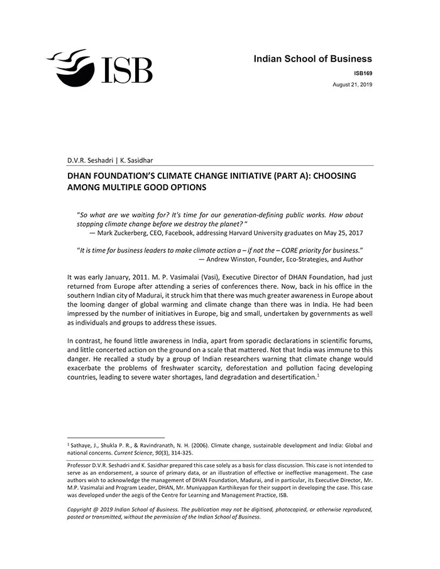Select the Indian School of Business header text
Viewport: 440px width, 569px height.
click(x=312, y=59)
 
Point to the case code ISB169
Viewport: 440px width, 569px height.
click(x=363, y=73)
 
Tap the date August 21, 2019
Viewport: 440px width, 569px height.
click(x=352, y=84)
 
